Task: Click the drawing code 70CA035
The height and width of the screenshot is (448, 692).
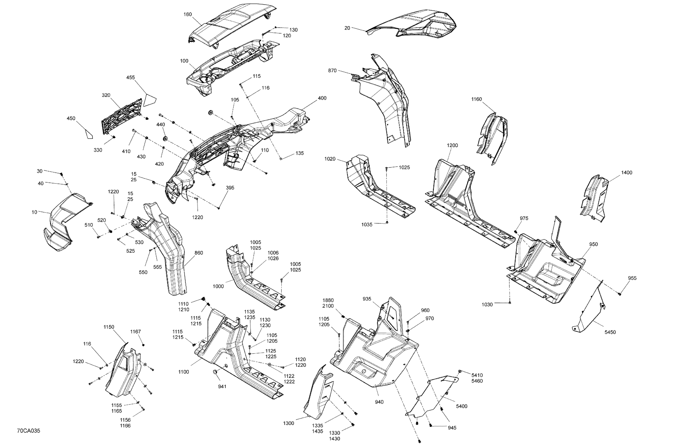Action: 29,431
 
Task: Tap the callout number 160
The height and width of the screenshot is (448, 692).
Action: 188,14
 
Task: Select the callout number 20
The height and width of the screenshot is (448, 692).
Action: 347,28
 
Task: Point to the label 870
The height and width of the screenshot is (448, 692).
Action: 332,71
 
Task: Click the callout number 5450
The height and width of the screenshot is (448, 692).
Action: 610,332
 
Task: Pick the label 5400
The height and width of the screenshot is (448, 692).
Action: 462,406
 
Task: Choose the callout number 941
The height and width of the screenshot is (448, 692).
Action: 222,386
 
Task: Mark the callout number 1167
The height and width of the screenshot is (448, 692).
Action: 135,332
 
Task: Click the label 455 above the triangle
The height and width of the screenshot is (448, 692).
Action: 131,77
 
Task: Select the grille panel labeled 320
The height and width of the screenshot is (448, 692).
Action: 122,116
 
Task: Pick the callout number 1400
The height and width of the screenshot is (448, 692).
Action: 627,172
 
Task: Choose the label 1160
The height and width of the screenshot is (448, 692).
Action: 477,99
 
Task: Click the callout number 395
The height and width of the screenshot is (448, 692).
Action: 230,188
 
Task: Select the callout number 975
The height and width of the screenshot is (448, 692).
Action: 524,218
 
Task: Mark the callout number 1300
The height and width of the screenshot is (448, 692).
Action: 289,423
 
